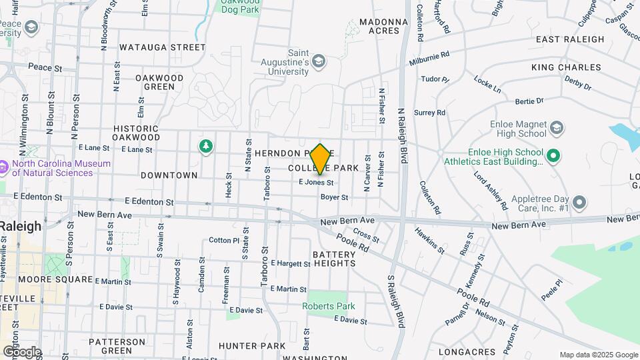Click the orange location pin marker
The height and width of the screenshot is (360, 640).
coord(321,159)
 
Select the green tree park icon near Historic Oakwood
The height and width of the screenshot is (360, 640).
coord(206,145)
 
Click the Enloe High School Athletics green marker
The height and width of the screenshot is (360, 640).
coord(552,156)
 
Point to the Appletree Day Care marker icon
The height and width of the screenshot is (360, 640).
coord(579,202)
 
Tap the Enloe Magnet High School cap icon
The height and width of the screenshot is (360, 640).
coord(557,127)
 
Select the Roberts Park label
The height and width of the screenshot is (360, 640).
coord(329,306)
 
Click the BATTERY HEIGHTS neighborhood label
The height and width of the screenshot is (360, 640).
coord(334,259)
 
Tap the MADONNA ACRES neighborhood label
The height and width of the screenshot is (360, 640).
coord(383,26)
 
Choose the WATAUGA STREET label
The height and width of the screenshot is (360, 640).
coord(163,47)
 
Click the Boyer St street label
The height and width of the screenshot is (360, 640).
coord(334,197)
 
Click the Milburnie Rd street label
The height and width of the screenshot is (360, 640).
coord(431,59)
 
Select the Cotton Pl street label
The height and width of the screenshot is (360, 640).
coord(223,240)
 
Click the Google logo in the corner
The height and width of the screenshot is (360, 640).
coord(22,351)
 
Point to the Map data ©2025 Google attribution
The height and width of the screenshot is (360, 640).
coord(598,355)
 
